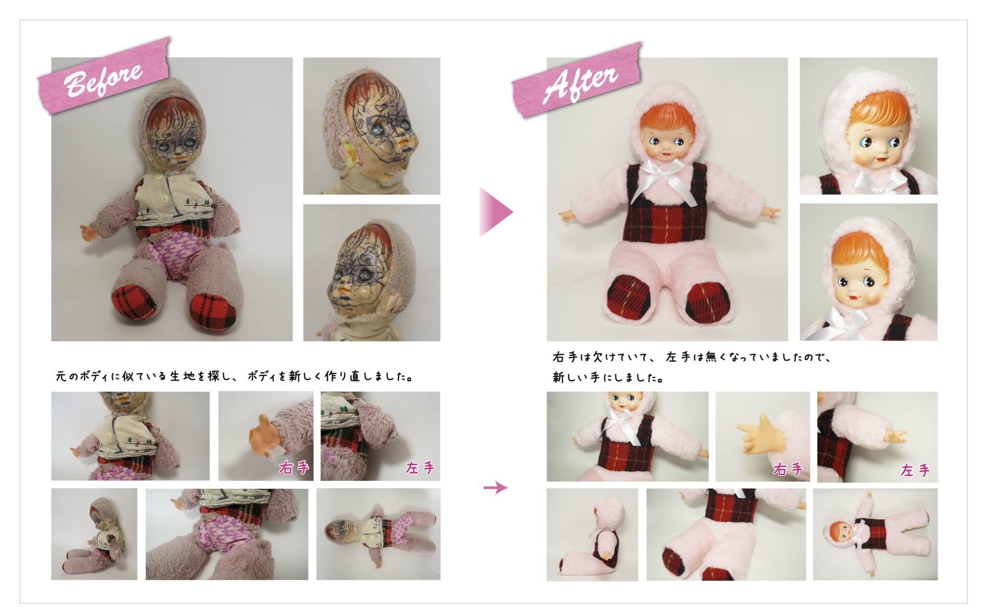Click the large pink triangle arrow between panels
tap(495, 212)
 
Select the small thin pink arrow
tap(495, 488)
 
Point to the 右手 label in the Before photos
tap(294, 467)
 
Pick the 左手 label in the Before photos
tap(420, 467)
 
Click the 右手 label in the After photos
tap(788, 469)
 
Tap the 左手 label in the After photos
tap(915, 470)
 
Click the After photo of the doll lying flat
tap(875, 534)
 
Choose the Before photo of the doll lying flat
tap(378, 534)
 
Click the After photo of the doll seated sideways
tap(592, 535)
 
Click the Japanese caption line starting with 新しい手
tap(608, 378)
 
